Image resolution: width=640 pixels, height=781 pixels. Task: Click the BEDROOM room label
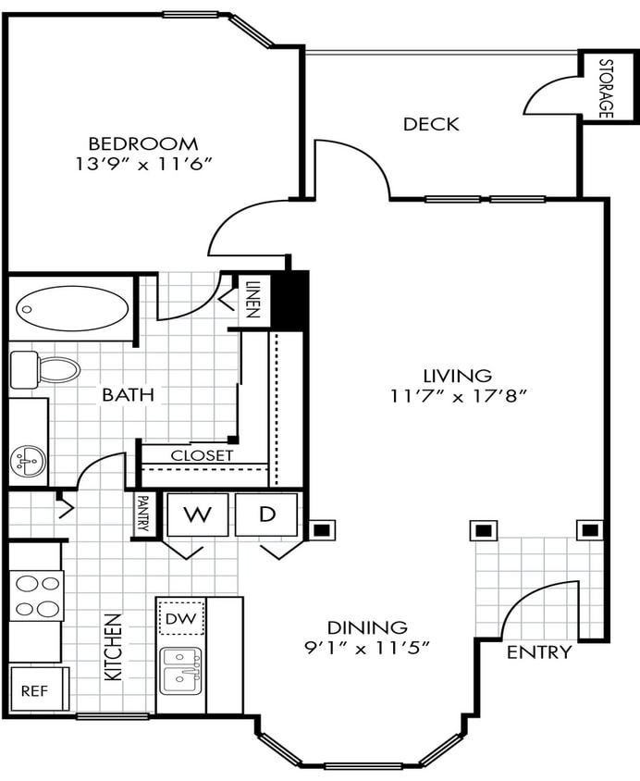click(142, 143)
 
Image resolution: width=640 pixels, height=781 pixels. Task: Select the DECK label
click(431, 124)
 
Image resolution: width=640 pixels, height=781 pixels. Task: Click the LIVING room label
click(457, 376)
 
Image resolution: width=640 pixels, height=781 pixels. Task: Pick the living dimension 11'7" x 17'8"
click(458, 396)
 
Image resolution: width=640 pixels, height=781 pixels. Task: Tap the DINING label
click(367, 626)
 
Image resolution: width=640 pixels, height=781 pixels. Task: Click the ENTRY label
click(539, 651)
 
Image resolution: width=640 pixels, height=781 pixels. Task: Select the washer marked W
click(196, 514)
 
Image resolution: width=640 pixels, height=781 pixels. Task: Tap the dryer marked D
click(266, 514)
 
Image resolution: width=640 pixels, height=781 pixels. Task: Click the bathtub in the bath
click(71, 307)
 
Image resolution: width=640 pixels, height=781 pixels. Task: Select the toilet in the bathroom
click(46, 370)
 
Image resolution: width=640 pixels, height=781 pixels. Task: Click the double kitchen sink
click(181, 671)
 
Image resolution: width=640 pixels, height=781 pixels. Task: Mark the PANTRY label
click(143, 513)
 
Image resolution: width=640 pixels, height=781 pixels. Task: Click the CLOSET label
click(202, 455)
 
